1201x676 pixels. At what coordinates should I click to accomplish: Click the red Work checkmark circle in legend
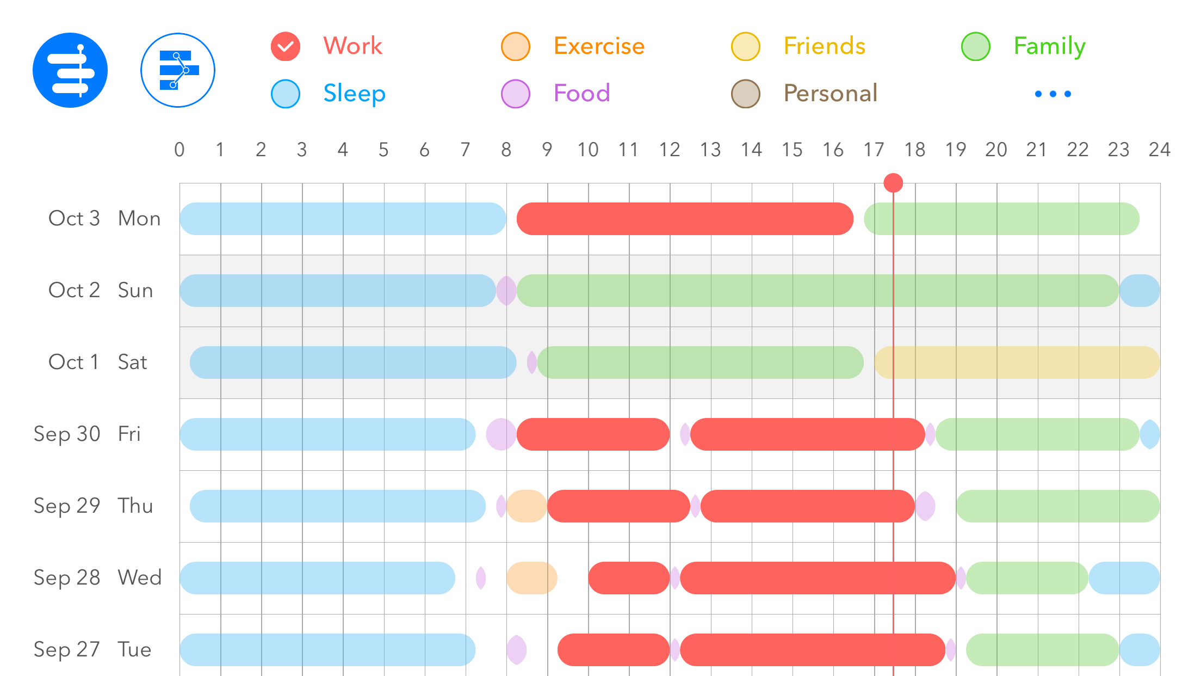click(x=286, y=47)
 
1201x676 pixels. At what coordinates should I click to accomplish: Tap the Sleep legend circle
click(x=286, y=94)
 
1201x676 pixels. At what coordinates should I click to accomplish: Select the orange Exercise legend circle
click(x=515, y=47)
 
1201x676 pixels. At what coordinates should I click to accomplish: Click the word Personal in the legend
click(x=830, y=94)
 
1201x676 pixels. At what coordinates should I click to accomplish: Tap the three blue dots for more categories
click(x=1053, y=94)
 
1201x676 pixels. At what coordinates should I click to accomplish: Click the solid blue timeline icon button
click(x=70, y=70)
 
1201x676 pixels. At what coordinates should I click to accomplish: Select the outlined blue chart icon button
click(x=178, y=70)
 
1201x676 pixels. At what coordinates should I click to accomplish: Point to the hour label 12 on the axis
click(x=670, y=150)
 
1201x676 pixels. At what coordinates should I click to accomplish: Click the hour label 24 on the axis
click(x=1159, y=150)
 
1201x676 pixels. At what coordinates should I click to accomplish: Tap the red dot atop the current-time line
click(x=893, y=183)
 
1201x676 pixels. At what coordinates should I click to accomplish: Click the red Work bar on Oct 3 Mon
click(x=684, y=219)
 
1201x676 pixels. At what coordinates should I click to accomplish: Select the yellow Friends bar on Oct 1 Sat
click(x=1017, y=362)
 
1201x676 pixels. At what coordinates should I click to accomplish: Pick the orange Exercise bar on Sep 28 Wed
click(x=531, y=578)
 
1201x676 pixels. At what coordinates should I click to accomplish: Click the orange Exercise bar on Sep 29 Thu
click(x=527, y=506)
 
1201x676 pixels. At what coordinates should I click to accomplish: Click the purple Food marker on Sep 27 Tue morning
click(x=517, y=650)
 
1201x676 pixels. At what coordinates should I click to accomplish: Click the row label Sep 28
click(x=67, y=577)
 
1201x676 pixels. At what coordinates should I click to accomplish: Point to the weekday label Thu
click(x=135, y=506)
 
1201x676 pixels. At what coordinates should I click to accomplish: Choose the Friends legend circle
click(x=745, y=47)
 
